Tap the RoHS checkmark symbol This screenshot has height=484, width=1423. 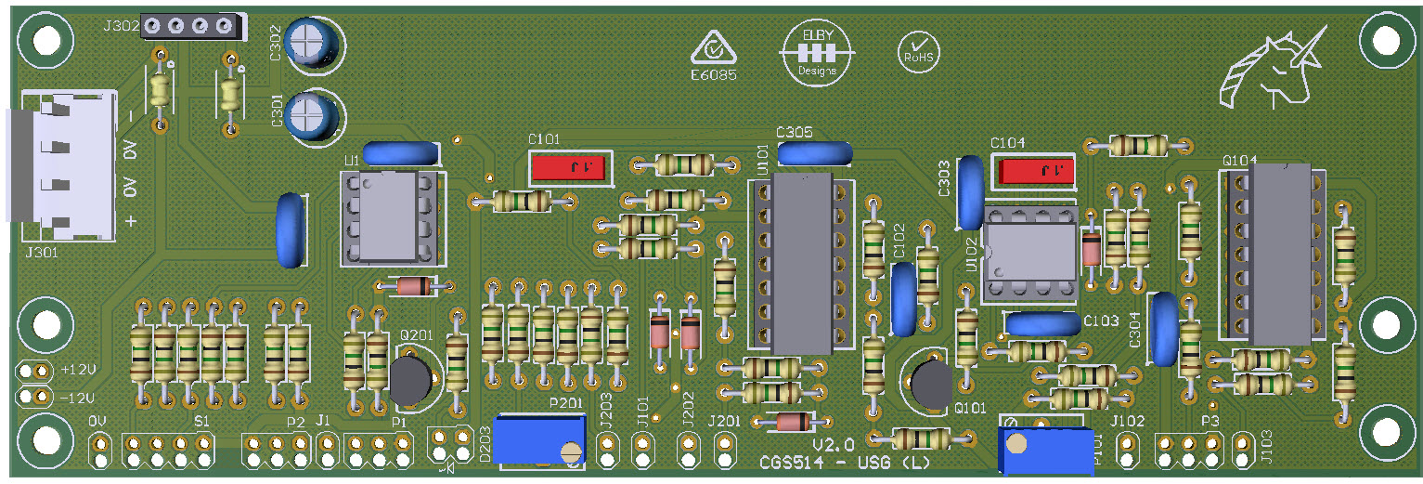[918, 50]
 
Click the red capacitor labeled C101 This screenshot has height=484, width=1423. [569, 168]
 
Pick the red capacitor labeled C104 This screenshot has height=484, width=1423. [1034, 171]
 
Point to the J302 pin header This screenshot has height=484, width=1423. [190, 27]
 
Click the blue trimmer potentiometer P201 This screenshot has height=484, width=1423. [539, 439]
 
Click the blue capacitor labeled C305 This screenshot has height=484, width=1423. [814, 152]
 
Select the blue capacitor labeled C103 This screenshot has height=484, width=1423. [1042, 323]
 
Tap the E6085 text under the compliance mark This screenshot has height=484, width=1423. [713, 74]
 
